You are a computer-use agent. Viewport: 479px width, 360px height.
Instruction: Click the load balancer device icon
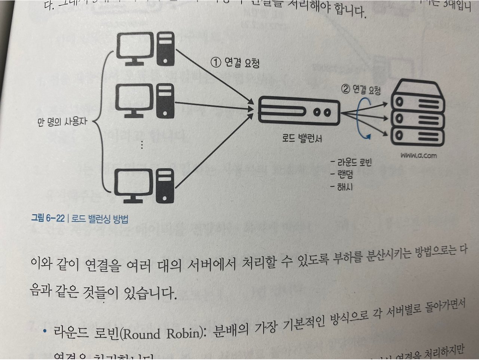pyautogui.click(x=299, y=111)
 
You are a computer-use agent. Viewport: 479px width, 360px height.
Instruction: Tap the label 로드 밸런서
pyautogui.click(x=302, y=138)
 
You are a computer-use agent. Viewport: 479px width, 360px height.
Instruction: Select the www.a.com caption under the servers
pyautogui.click(x=418, y=155)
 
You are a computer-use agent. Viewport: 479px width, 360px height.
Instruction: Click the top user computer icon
pyautogui.click(x=146, y=49)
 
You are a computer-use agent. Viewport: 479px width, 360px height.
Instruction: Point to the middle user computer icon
pyautogui.click(x=145, y=101)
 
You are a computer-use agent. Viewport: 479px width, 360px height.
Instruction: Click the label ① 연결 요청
pyautogui.click(x=235, y=62)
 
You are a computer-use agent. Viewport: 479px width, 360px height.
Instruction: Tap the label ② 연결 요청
pyautogui.click(x=361, y=89)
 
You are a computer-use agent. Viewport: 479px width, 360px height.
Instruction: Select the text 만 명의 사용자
pyautogui.click(x=62, y=122)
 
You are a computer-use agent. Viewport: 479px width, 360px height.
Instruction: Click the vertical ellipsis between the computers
pyautogui.click(x=142, y=145)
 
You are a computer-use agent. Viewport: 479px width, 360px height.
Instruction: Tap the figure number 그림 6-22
pyautogui.click(x=48, y=218)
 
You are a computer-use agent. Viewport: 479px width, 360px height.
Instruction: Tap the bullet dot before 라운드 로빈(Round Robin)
pyautogui.click(x=45, y=331)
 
